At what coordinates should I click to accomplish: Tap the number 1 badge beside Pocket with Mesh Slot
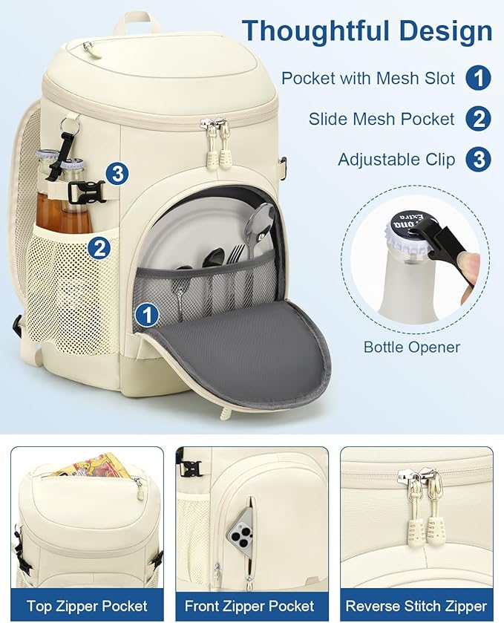(x=479, y=78)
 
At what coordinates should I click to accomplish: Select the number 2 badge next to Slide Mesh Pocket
(x=479, y=119)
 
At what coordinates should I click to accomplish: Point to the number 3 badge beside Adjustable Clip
(x=479, y=160)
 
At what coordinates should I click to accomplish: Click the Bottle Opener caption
(x=412, y=347)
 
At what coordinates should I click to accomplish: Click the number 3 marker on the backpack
(x=117, y=174)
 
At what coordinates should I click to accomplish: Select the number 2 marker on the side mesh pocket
(x=99, y=248)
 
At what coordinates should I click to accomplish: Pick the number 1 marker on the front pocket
(x=148, y=315)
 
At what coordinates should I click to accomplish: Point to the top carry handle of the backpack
(x=136, y=22)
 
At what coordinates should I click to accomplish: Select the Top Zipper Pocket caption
(x=87, y=606)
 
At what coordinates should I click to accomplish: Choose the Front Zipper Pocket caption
(x=249, y=606)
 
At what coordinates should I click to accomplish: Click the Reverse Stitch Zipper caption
(x=416, y=606)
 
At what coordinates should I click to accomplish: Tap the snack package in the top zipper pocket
(x=88, y=466)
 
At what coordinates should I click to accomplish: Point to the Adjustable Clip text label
(x=396, y=160)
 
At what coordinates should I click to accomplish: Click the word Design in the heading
(x=445, y=31)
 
